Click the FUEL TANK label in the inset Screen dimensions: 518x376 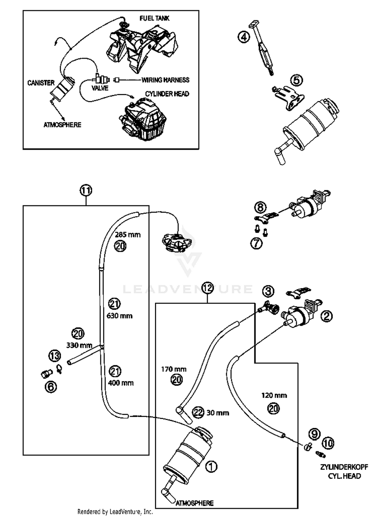tap(154, 18)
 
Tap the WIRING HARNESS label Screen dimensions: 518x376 tap(165, 80)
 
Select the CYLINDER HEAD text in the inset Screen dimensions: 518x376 tap(167, 94)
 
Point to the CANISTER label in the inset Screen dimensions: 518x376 tap(41, 83)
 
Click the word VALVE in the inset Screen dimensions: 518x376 tap(100, 88)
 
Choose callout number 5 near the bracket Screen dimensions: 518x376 tap(297, 80)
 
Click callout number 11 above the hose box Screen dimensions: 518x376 tap(86, 191)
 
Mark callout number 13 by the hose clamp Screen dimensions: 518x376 tap(55, 356)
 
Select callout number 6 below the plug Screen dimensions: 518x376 tap(51, 387)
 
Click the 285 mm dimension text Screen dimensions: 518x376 tap(128, 235)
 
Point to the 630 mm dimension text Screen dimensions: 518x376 tap(120, 316)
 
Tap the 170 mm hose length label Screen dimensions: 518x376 tap(174, 369)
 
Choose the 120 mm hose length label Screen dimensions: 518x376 tap(274, 395)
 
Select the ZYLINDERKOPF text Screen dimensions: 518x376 tap(344, 467)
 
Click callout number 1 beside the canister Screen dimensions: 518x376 tap(211, 466)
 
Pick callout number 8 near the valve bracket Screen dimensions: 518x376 tap(260, 207)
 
